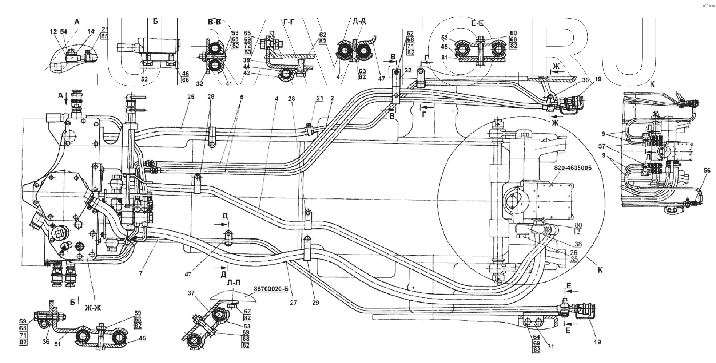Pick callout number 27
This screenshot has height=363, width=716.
[294, 302]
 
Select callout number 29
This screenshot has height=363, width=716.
[315, 302]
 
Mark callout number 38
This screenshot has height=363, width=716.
[578, 244]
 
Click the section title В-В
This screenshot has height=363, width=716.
[214, 22]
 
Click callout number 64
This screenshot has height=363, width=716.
[536, 336]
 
